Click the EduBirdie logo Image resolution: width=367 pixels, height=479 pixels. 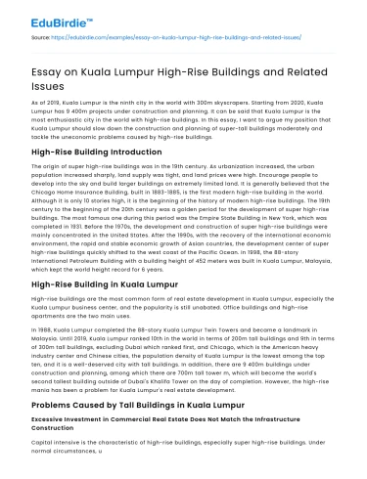coord(49,18)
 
